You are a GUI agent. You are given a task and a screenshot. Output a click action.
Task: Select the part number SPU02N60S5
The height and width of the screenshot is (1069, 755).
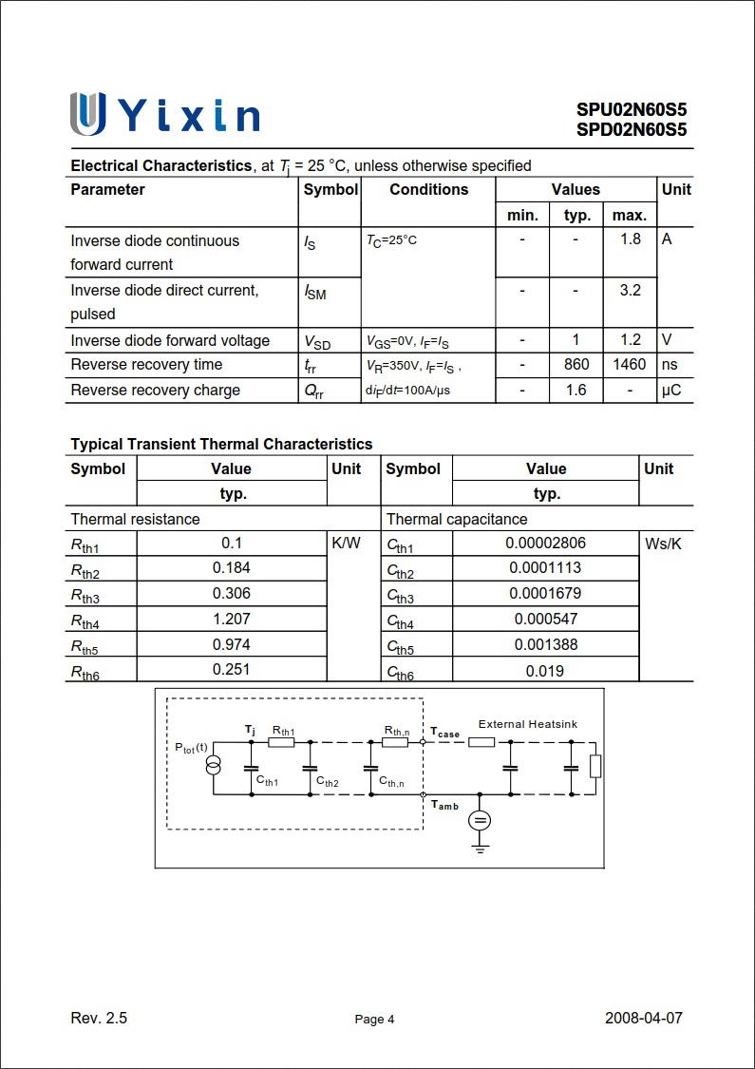click(x=631, y=110)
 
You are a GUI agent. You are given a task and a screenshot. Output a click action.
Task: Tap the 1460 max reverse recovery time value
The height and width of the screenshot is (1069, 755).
click(x=629, y=365)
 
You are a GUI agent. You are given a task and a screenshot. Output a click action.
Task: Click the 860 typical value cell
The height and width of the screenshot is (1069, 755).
click(x=576, y=365)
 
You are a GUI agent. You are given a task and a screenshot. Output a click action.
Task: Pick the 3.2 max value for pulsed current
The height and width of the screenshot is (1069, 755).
click(x=630, y=291)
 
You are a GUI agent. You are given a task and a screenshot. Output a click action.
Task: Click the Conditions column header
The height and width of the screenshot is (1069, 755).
click(x=428, y=190)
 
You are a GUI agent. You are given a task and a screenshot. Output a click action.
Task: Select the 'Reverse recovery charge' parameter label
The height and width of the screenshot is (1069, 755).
click(x=155, y=391)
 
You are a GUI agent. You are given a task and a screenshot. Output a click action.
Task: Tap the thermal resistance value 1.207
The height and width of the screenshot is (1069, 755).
click(x=232, y=619)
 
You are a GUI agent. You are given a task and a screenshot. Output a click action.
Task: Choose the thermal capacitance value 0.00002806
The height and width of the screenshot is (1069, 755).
click(x=545, y=544)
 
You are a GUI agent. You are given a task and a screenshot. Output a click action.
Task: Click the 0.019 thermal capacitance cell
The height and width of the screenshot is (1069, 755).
click(x=545, y=671)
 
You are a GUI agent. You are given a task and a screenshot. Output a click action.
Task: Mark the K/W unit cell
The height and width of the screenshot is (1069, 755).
click(x=346, y=544)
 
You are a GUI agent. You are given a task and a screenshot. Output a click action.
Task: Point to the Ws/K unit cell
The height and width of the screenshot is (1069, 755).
click(x=663, y=544)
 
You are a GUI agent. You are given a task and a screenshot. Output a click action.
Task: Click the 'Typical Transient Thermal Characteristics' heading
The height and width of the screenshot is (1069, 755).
click(x=221, y=445)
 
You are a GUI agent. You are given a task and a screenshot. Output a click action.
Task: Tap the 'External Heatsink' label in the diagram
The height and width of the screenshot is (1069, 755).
click(x=527, y=724)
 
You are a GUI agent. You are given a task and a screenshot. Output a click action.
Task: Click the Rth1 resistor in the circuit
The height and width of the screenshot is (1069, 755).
click(x=281, y=742)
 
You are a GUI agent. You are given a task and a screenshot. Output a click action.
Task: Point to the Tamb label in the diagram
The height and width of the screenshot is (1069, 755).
click(x=444, y=806)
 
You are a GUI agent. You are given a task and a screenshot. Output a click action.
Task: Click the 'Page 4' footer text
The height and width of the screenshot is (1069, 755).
click(x=374, y=1020)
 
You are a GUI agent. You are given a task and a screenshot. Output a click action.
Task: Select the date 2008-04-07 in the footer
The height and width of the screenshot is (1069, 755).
click(x=643, y=1019)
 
